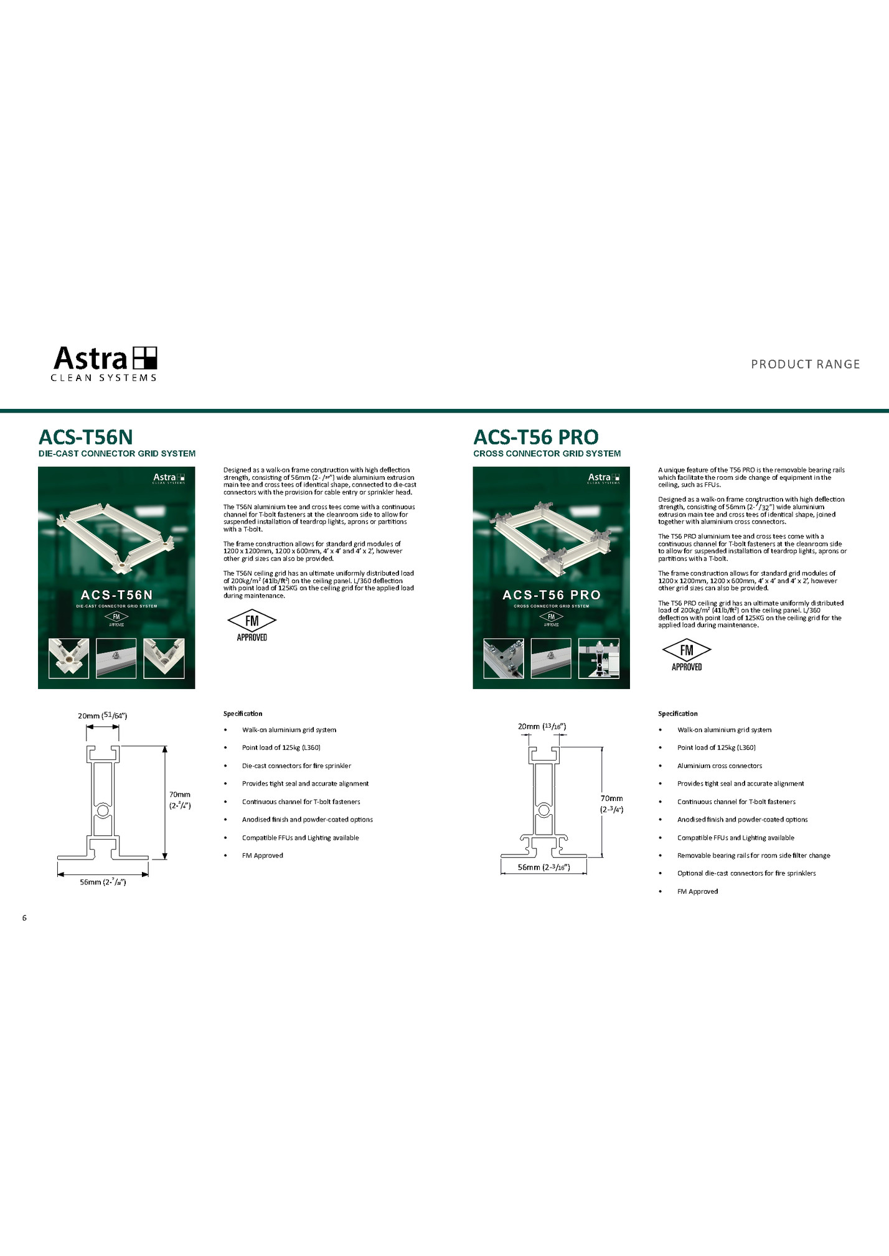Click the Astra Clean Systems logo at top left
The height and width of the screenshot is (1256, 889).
pos(105,363)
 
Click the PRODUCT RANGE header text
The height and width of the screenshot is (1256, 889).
pos(805,364)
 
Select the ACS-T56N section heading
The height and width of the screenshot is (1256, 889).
pos(86,436)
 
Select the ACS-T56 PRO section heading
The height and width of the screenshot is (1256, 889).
pos(536,436)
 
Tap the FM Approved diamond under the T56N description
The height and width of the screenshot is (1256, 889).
pos(252,625)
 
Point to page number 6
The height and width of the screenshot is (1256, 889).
pos(24,917)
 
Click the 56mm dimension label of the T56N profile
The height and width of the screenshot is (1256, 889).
pos(103,882)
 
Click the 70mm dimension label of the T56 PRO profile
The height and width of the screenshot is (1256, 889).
pos(611,804)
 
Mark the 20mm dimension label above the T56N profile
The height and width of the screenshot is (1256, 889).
pos(103,715)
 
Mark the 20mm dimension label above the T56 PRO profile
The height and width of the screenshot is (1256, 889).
pos(542,726)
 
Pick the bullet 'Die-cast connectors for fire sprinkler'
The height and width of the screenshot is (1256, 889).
pos(296,766)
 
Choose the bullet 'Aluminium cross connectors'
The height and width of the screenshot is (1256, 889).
pos(719,766)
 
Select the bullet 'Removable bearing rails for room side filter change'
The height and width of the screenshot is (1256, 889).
pos(753,855)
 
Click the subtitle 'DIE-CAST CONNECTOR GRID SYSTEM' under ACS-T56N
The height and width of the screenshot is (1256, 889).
pos(117,454)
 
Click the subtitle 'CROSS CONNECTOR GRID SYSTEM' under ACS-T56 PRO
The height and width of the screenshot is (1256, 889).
pos(547,454)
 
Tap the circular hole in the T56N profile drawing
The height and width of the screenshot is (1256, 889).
pos(103,811)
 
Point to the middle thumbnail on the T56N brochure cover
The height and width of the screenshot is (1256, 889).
pos(116,658)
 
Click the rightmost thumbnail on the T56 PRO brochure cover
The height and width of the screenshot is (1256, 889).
pos(598,658)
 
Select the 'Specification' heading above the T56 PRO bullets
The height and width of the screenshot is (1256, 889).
pos(677,713)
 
